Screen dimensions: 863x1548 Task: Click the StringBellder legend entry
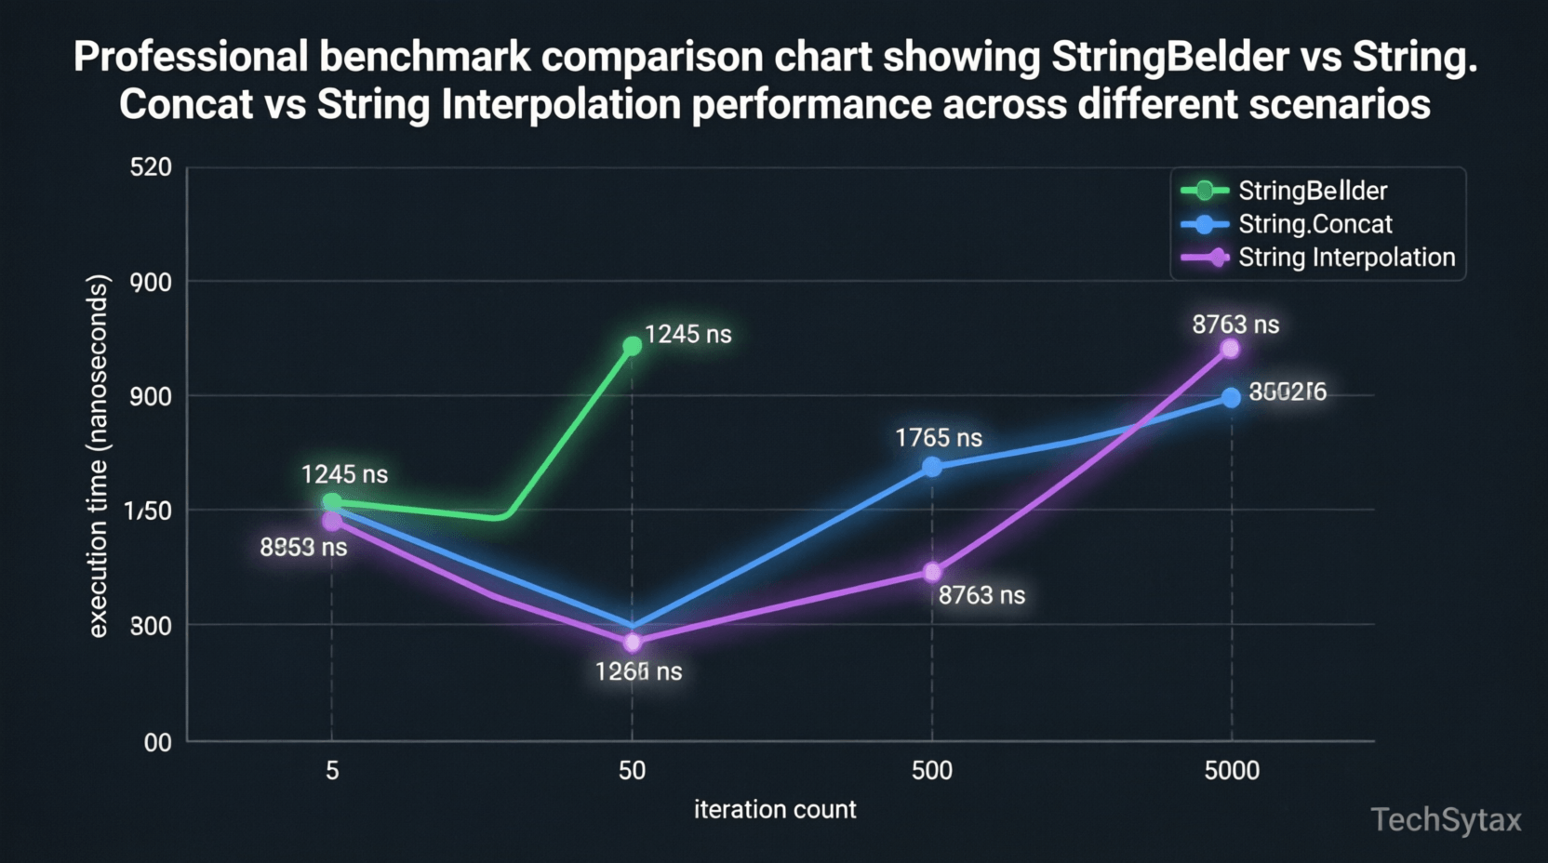coord(1312,191)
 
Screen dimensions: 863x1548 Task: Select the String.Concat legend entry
coord(1314,224)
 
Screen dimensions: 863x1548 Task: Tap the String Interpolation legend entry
coord(1345,258)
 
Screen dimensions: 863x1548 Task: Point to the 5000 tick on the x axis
coord(1232,770)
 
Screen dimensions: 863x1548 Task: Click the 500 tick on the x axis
coord(931,770)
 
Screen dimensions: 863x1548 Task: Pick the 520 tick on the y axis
coord(151,167)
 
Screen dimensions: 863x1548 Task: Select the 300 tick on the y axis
coord(151,626)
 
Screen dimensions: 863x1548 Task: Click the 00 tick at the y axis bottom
coord(157,742)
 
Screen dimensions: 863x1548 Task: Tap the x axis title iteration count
coord(775,809)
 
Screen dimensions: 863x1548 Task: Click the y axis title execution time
coord(98,456)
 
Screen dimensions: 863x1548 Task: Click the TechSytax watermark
coord(1446,820)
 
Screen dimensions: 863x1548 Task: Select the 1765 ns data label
coord(938,438)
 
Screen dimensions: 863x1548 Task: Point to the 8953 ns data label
coord(303,548)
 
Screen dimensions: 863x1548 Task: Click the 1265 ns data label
coord(638,671)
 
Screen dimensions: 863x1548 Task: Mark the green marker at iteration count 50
coord(632,346)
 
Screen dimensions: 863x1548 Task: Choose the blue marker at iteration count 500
coord(932,467)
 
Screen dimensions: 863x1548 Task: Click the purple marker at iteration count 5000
coord(1230,349)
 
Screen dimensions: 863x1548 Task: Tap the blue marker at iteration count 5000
coord(1231,398)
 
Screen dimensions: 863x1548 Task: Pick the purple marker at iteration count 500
coord(932,572)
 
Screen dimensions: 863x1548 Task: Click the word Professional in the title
coord(190,57)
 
